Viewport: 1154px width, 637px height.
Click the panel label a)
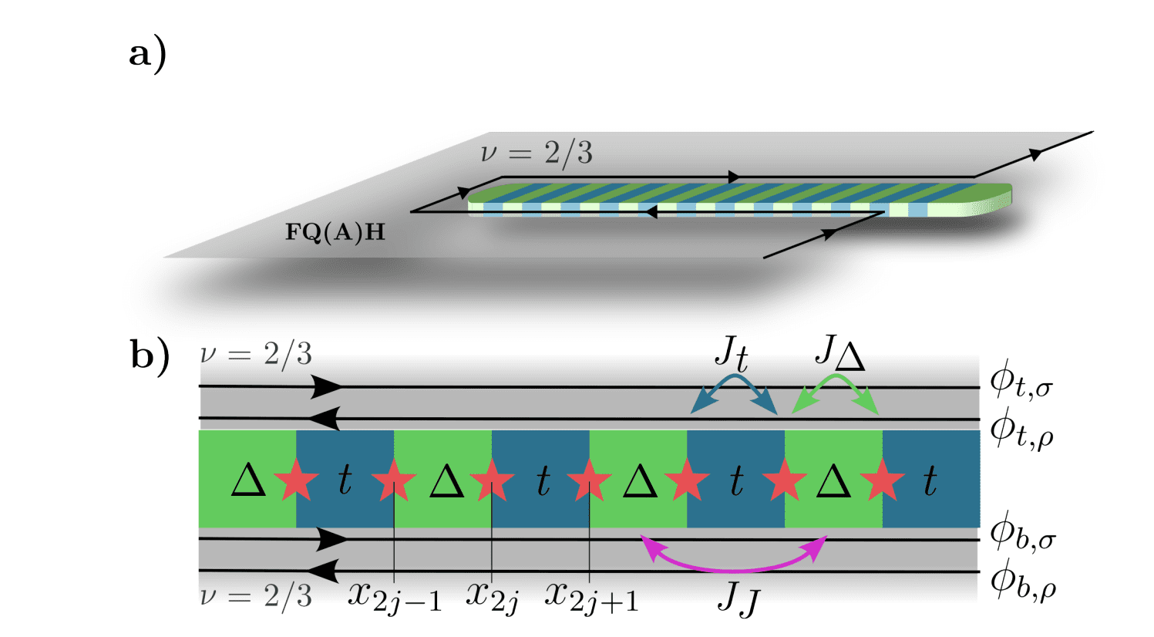coord(147,56)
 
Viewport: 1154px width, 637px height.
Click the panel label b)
coord(150,356)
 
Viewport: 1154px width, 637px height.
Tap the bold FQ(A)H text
coord(335,232)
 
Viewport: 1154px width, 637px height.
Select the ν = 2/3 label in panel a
coord(537,153)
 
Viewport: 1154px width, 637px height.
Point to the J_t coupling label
coord(731,354)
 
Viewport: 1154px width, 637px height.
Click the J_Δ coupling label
coord(839,353)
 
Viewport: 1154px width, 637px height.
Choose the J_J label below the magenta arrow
coord(738,598)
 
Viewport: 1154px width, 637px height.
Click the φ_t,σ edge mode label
coord(1021,383)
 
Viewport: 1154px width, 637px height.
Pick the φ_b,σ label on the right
coord(1022,534)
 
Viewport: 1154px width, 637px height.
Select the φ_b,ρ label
coord(1022,583)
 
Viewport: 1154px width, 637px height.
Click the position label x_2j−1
coord(394,596)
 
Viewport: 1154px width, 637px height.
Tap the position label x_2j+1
coord(591,596)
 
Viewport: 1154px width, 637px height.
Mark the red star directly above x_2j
coord(492,480)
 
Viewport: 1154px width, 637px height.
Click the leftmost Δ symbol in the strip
coord(248,480)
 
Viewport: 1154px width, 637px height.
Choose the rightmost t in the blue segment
coord(930,480)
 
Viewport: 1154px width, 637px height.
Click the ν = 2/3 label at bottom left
coord(256,597)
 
